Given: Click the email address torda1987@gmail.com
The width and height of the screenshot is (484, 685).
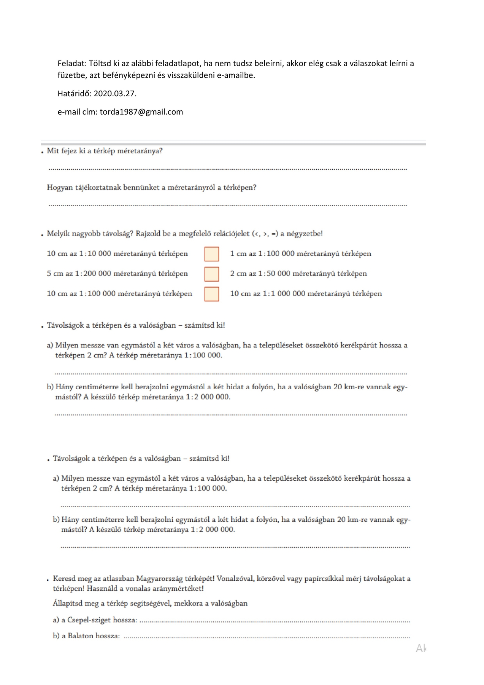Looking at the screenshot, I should click(x=141, y=112).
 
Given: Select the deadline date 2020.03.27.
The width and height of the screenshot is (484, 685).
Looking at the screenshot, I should click(x=115, y=94).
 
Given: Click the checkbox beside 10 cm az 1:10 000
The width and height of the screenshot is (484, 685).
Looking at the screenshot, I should click(x=212, y=254).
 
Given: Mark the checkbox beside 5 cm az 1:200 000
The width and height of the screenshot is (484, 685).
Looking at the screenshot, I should click(x=212, y=274).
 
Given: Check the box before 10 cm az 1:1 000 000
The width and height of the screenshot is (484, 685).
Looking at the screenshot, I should click(x=212, y=294).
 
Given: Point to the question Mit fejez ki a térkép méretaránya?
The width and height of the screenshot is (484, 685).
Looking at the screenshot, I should click(x=105, y=151).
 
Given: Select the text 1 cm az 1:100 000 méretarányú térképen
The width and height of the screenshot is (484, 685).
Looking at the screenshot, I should click(x=300, y=254).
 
